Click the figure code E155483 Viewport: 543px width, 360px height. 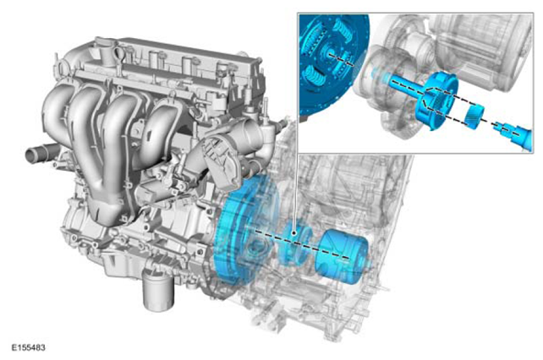pyautogui.click(x=29, y=347)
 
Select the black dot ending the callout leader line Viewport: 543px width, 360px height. pyautogui.click(x=294, y=233)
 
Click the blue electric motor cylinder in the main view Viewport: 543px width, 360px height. pyautogui.click(x=343, y=256)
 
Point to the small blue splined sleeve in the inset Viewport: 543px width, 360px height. pyautogui.click(x=473, y=116)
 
